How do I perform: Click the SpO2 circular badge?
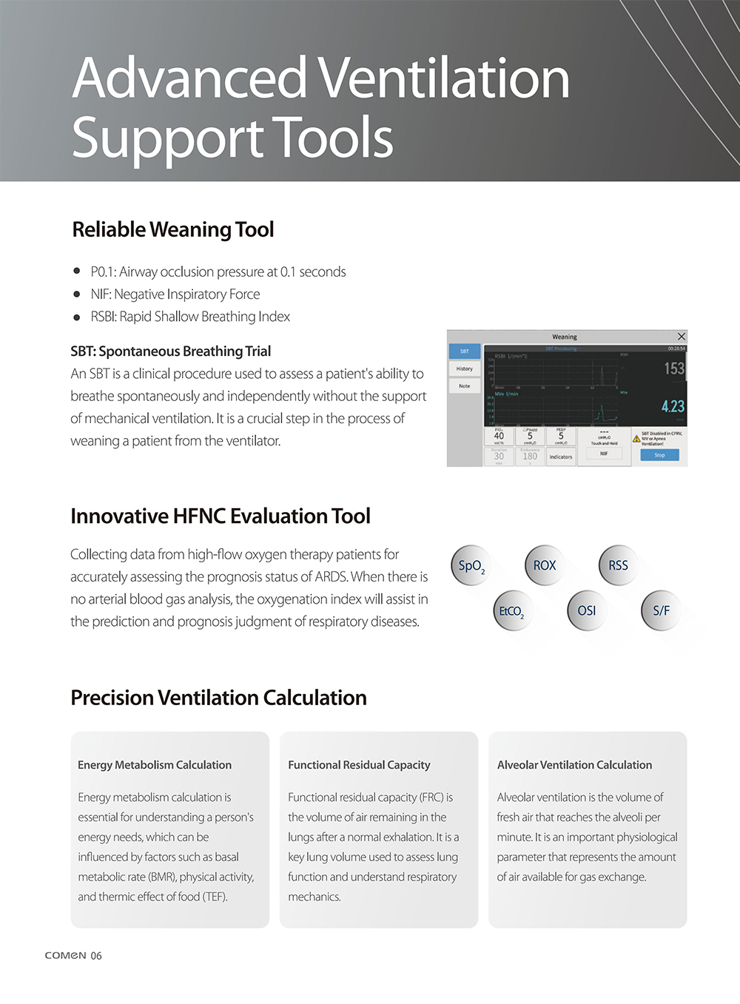pos(471,566)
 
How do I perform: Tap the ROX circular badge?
pos(545,566)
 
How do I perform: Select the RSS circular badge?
pos(618,566)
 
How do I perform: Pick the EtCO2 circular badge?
pos(512,611)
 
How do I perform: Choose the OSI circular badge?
pos(587,611)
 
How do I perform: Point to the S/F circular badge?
pos(661,611)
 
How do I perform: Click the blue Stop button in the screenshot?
pos(659,455)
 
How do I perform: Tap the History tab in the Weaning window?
pos(465,368)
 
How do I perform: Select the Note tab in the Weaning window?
pos(465,385)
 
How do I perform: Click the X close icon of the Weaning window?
pos(682,337)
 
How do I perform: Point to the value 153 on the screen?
pos(673,368)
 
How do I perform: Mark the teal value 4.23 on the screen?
pos(673,406)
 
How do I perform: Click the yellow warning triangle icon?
pos(636,439)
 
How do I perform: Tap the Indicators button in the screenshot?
pos(561,456)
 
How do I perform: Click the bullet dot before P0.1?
pos(77,272)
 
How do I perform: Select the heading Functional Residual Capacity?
pos(359,765)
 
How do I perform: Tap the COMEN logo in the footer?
pos(65,955)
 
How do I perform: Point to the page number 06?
pos(96,956)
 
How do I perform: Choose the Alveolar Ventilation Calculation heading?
pos(574,765)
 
